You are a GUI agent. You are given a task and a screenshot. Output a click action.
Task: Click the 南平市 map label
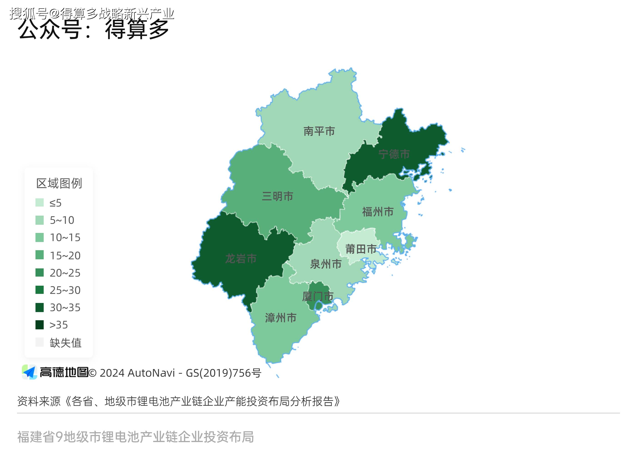[319, 131]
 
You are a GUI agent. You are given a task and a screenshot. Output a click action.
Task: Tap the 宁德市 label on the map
[394, 154]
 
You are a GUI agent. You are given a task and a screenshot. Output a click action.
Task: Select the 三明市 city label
[277, 196]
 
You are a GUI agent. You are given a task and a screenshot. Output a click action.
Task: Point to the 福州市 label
[378, 212]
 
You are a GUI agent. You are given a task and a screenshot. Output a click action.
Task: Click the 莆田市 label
[361, 249]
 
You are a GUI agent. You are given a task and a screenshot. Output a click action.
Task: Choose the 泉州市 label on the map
[326, 264]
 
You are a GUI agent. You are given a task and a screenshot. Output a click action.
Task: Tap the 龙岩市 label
[241, 259]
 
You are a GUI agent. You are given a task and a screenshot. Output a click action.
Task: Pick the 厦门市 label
[318, 296]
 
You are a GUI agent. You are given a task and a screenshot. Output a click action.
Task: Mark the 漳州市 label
[281, 318]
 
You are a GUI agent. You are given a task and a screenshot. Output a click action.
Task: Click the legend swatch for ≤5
[40, 202]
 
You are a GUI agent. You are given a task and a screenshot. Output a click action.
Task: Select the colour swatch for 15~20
[40, 255]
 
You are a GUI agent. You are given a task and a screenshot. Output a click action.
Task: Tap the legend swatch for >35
[40, 325]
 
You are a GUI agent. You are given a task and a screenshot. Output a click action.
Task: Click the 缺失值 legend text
[66, 343]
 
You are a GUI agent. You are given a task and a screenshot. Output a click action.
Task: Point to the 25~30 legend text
[65, 290]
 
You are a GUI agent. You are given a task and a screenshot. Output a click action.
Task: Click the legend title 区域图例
[59, 183]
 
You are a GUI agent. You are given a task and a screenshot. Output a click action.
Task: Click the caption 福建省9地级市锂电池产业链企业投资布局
[135, 437]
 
